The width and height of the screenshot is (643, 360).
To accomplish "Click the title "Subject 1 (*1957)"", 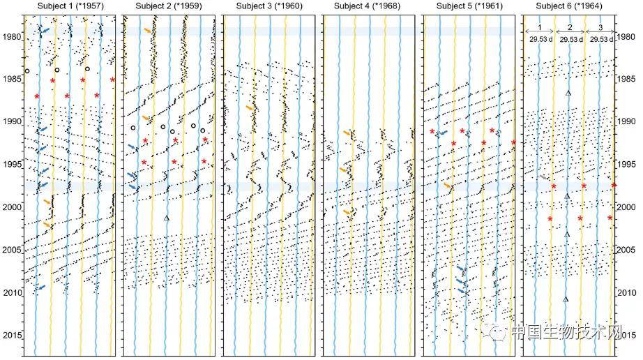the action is point(70,6).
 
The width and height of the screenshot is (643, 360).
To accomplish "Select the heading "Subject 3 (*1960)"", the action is point(269,6).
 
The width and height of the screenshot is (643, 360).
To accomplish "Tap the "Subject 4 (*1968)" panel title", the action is point(367,6).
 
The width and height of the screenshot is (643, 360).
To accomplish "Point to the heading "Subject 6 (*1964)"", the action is point(569,6).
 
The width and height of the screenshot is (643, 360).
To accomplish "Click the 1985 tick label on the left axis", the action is point(12,79).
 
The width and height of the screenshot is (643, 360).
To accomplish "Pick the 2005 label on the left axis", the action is point(12,250).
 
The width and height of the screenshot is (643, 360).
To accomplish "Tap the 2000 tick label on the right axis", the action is point(626,207).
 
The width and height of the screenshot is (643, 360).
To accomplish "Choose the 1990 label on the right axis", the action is point(626,121).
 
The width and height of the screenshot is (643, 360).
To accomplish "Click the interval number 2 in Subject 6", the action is point(570,27).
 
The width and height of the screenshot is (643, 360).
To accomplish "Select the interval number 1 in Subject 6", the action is point(540,27).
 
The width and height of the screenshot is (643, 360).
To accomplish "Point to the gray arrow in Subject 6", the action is point(544,177).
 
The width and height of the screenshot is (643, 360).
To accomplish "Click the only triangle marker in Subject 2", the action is point(166,218).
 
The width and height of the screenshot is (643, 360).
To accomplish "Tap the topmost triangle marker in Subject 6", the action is point(568,93).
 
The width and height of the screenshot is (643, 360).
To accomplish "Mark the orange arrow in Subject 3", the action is point(250,108).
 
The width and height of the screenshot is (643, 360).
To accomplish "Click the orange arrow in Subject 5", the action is point(448,186).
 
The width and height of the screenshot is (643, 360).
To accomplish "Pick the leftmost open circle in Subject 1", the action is point(27,71).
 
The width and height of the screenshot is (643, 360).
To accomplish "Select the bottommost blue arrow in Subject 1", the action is point(41,287).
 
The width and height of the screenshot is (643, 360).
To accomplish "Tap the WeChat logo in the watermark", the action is point(494,331).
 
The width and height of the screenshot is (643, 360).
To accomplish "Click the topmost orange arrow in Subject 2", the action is point(148,30).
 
